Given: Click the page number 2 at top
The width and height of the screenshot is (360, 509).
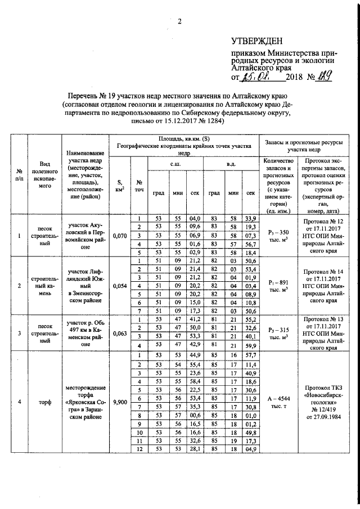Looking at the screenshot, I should tap(179, 22).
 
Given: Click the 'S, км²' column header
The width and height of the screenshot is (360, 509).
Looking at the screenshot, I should tap(119, 185).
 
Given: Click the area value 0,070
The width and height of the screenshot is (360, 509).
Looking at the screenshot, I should tap(119, 236).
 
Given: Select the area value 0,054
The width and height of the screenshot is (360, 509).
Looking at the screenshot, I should tap(119, 286).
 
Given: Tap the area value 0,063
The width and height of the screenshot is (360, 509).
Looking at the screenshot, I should tap(119, 332).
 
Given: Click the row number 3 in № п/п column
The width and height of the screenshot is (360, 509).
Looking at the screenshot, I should tap(20, 332).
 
